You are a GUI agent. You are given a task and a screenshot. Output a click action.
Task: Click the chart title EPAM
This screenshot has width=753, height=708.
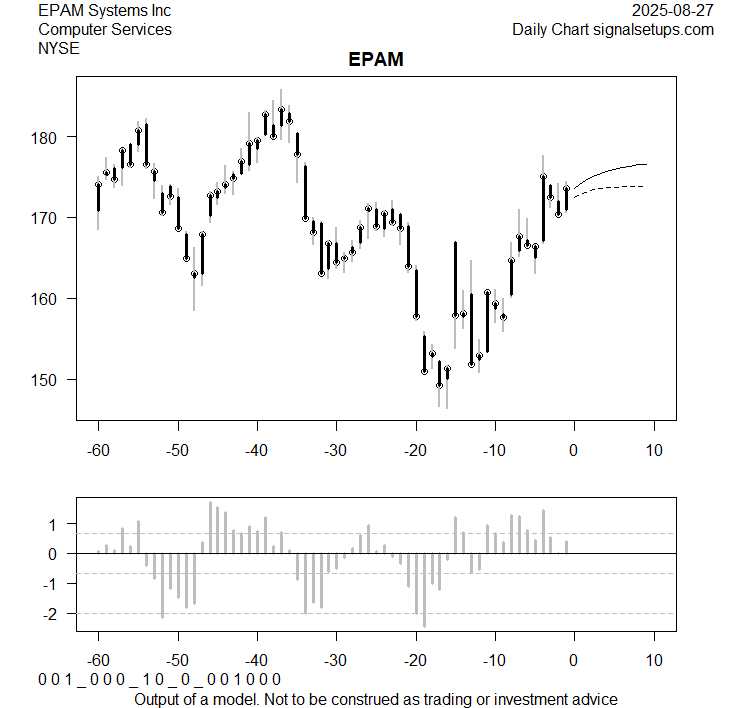click(x=376, y=60)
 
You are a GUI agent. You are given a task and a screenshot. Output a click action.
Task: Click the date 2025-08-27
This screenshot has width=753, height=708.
click(x=674, y=10)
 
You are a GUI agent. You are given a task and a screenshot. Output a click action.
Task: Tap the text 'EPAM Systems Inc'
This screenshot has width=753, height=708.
click(x=104, y=10)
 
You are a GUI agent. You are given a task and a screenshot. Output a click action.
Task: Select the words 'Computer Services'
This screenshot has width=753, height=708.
click(x=104, y=29)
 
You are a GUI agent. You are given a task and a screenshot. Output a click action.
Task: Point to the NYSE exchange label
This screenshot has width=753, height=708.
click(x=59, y=48)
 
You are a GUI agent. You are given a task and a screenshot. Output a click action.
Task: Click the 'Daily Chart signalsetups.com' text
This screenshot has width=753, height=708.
click(x=613, y=29)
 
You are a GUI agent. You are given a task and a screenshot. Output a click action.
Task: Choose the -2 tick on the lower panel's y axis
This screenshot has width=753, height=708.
click(x=56, y=613)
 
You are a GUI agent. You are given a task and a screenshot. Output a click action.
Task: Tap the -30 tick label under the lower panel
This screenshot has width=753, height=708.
click(x=335, y=661)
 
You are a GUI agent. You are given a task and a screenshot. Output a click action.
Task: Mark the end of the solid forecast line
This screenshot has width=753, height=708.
click(x=647, y=164)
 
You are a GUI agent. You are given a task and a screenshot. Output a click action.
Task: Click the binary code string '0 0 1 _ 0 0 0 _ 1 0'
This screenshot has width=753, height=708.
click(x=160, y=680)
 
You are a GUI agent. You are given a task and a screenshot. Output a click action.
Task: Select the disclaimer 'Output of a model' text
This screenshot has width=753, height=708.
click(x=375, y=698)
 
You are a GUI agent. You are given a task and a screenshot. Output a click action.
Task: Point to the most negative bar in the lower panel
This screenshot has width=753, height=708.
click(x=424, y=591)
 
